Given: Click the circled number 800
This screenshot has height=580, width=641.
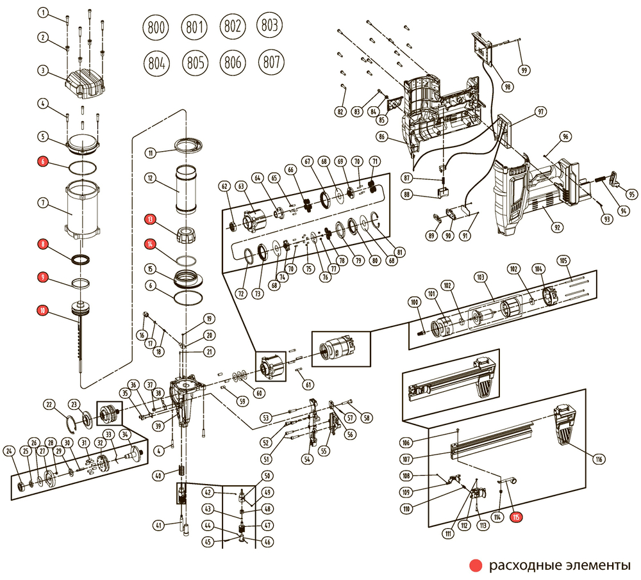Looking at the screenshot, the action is [x=156, y=28].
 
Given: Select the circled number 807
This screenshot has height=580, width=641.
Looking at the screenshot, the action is [x=271, y=62].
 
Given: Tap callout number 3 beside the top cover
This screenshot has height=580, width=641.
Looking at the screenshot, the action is [x=42, y=70].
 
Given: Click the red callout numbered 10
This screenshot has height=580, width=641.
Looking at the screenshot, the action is [x=42, y=311].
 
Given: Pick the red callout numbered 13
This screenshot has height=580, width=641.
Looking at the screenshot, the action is [x=150, y=220].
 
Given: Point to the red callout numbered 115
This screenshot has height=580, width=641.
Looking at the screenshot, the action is [x=517, y=517].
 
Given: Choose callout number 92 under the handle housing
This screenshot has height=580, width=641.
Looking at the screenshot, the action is [x=557, y=227].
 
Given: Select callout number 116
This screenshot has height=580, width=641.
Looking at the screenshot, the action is [x=599, y=459].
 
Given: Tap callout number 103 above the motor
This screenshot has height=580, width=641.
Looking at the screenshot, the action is [x=480, y=278].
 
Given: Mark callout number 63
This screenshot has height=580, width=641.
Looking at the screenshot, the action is [x=241, y=187].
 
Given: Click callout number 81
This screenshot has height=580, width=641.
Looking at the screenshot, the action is [x=399, y=252].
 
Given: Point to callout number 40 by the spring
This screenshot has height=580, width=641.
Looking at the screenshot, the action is [x=158, y=476].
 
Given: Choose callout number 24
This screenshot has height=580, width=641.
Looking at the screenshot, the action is [x=9, y=451].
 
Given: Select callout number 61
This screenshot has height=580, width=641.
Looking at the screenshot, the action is [x=308, y=385].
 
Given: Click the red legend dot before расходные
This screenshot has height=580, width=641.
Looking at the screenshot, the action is [x=476, y=566].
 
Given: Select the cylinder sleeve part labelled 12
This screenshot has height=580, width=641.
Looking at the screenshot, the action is [x=186, y=189].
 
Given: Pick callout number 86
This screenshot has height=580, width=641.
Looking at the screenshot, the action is [x=382, y=137].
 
